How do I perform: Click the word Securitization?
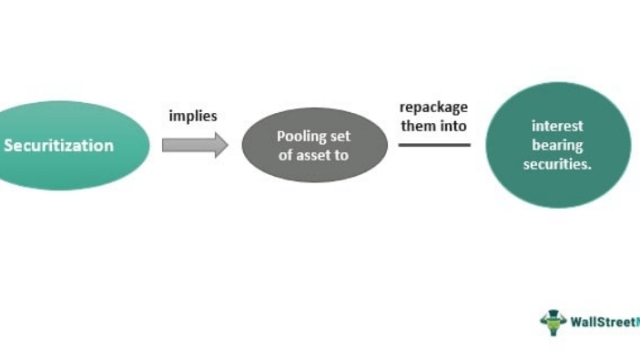(x=59, y=146)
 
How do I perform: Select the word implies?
(x=193, y=116)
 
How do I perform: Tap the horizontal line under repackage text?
(x=434, y=145)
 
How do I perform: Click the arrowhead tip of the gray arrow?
(x=226, y=146)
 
